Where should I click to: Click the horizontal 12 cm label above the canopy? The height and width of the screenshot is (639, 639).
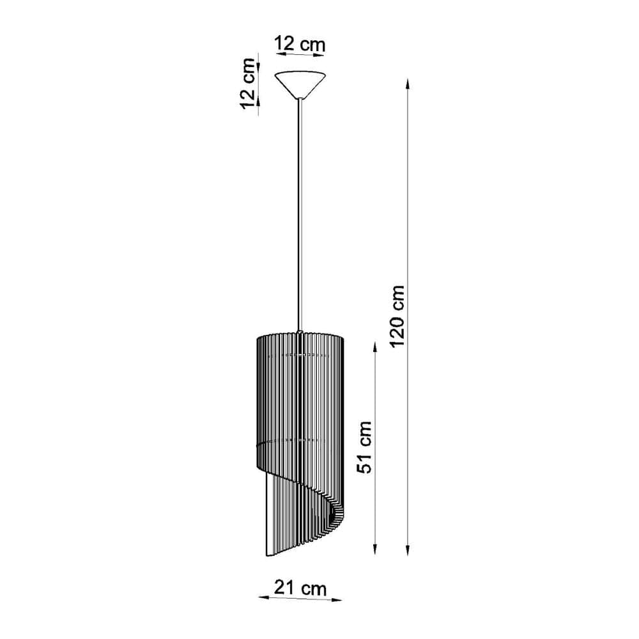tap(300, 45)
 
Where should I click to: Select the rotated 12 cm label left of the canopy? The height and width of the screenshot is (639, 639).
tap(248, 84)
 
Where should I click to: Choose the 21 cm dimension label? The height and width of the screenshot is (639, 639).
tap(300, 588)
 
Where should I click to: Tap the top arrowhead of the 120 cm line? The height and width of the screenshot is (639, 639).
tap(408, 82)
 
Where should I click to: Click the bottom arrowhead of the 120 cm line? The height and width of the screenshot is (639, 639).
tap(408, 551)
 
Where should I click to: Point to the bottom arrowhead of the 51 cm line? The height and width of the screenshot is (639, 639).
tap(375, 551)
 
